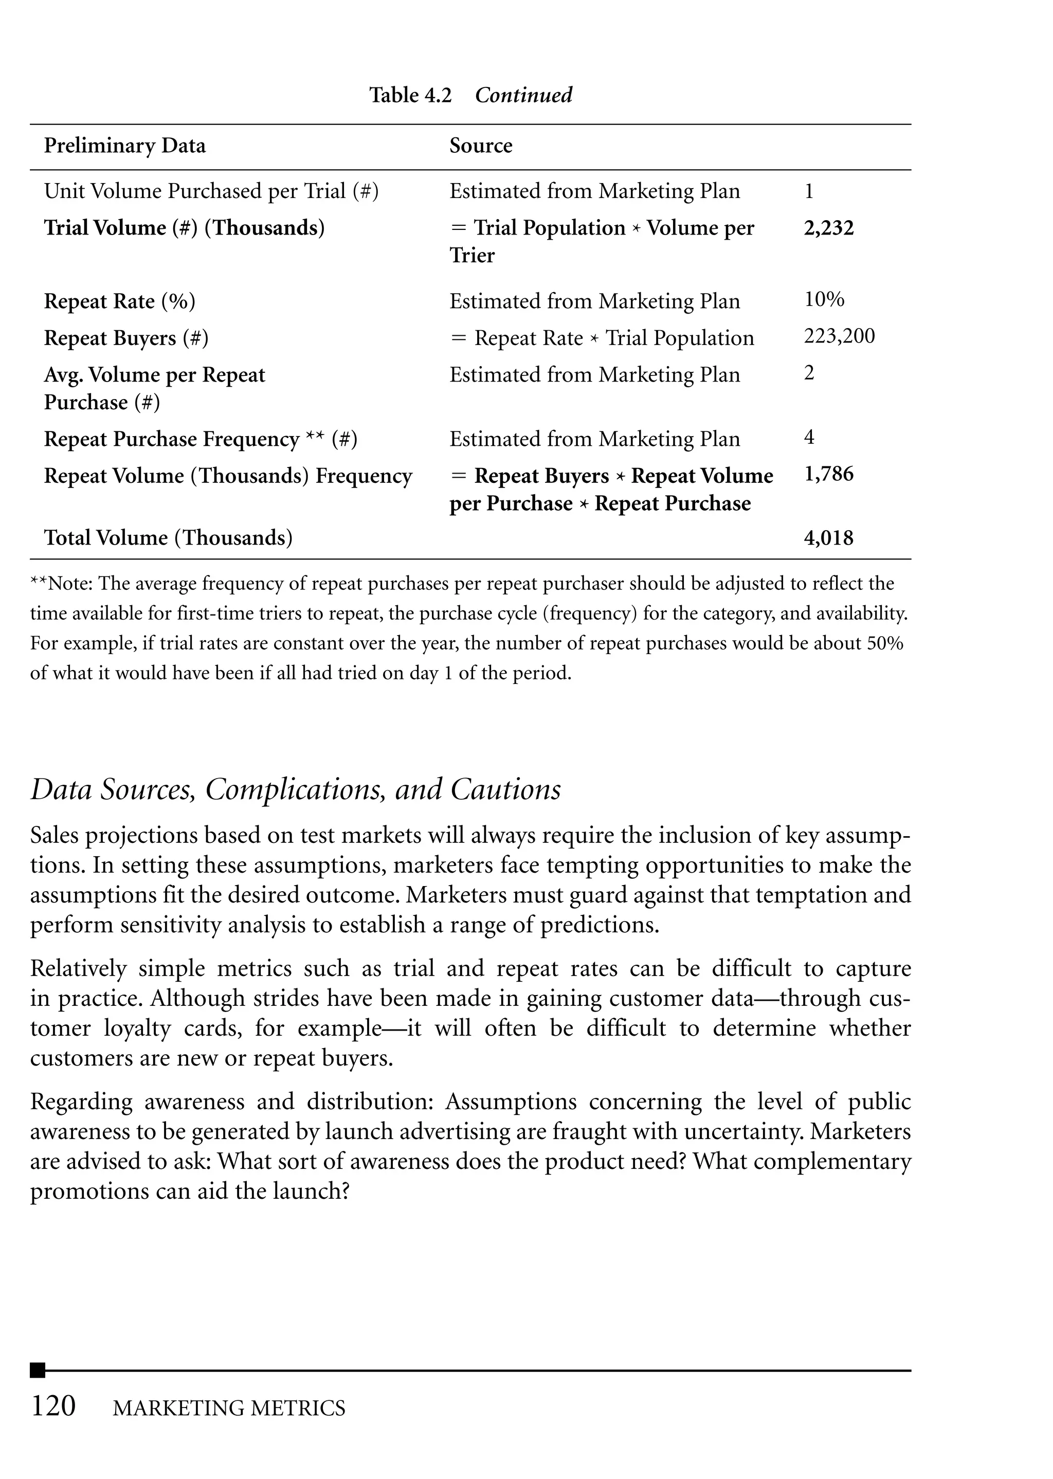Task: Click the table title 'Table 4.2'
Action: (410, 95)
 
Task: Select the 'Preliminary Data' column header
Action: (124, 145)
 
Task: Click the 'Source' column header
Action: (480, 145)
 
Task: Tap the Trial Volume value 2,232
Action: (829, 228)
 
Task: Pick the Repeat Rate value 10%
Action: (824, 300)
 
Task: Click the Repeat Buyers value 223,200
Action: (839, 336)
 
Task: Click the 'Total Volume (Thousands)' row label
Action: (168, 537)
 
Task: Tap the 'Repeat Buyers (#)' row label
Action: (126, 338)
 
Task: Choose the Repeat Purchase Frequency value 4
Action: (809, 437)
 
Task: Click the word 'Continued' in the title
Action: (523, 95)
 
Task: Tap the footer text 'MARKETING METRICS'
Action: (229, 1408)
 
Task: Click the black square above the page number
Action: (38, 1370)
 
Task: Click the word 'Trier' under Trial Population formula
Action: (471, 256)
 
